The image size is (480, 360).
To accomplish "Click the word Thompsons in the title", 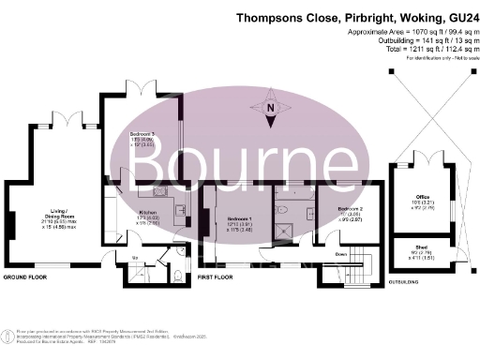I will click(274, 17).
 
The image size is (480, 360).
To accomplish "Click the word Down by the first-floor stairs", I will click(343, 253).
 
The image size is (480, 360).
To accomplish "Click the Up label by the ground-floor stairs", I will click(134, 255).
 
